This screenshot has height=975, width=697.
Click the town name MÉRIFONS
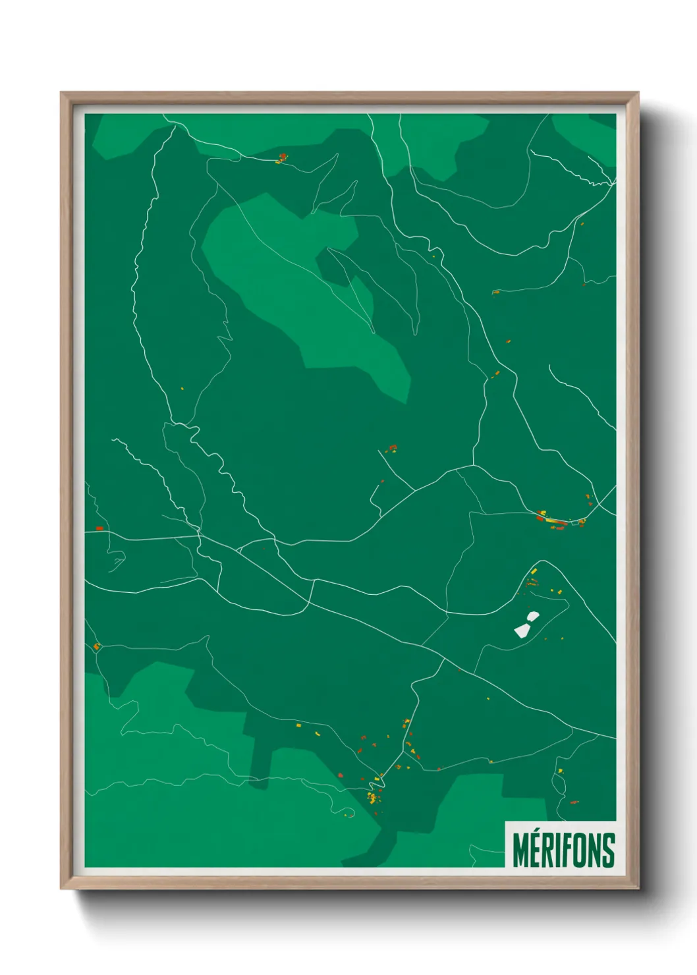pyautogui.click(x=563, y=849)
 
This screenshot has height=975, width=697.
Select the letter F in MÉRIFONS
pyautogui.click(x=565, y=850)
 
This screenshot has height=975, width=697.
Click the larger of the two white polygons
pyautogui.click(x=522, y=630)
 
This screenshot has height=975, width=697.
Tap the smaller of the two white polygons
pyautogui.click(x=533, y=616)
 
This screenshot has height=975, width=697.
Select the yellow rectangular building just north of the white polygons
pyautogui.click(x=534, y=571)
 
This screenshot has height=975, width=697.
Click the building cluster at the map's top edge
pyautogui.click(x=283, y=158)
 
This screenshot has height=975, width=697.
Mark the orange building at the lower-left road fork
pyautogui.click(x=97, y=646)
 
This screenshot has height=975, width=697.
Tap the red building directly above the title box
pyautogui.click(x=574, y=802)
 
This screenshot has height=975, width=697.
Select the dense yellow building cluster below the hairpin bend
pyautogui.click(x=373, y=798)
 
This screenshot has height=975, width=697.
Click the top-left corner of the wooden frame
pyautogui.click(x=62, y=94)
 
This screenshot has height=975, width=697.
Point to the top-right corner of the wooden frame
pyautogui.click(x=638, y=94)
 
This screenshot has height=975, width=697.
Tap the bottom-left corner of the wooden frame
pyautogui.click(x=62, y=888)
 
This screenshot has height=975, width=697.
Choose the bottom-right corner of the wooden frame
pyautogui.click(x=638, y=888)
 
